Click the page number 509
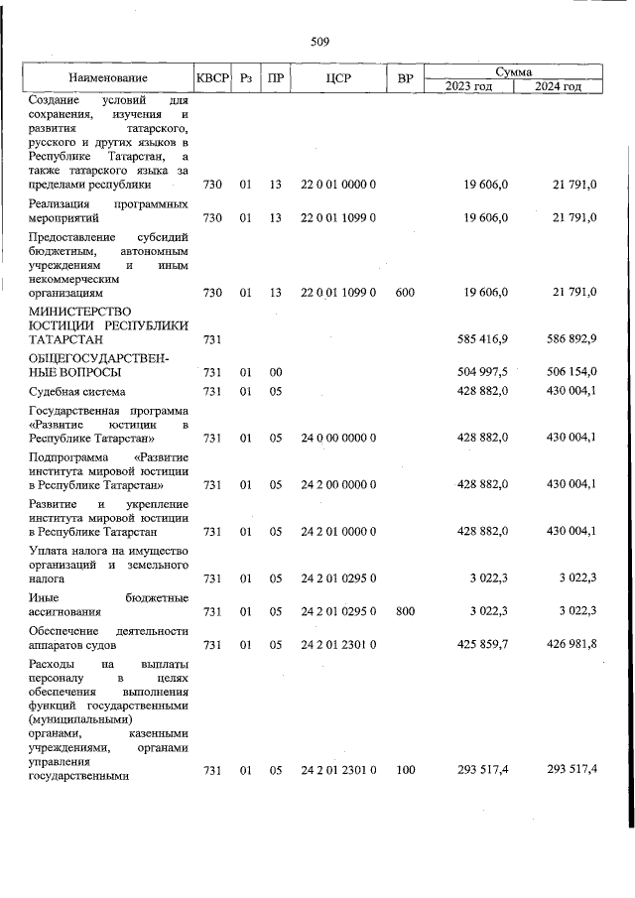(319, 41)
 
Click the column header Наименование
(108, 77)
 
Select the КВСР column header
(211, 77)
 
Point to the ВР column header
(404, 77)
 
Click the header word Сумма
(515, 71)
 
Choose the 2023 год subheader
(469, 86)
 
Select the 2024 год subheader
(558, 86)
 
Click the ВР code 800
(404, 612)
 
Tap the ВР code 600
(404, 293)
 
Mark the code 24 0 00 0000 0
(338, 438)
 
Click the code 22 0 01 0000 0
(338, 185)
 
